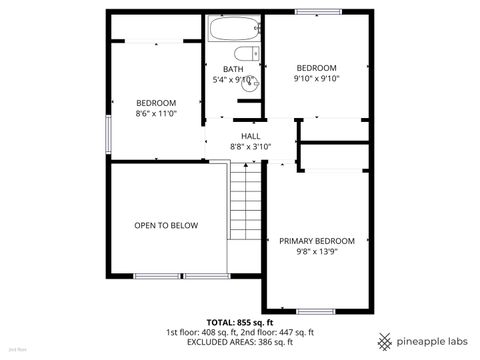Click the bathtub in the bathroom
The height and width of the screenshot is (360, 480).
point(233,28)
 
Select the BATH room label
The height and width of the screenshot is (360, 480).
point(233,69)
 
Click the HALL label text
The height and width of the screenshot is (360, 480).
point(250,136)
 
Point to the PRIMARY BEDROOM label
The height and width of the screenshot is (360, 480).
point(310,241)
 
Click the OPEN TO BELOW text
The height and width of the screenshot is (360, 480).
point(166,225)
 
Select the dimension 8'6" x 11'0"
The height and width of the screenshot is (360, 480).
point(156,113)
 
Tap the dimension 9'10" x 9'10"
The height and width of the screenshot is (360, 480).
point(317,78)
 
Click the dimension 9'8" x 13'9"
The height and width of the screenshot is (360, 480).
point(310,252)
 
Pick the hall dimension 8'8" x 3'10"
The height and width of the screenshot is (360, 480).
point(250,147)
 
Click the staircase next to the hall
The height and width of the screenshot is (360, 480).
point(246,200)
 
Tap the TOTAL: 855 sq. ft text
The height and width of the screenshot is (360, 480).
point(240,322)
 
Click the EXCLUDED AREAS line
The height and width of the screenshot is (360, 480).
point(240,342)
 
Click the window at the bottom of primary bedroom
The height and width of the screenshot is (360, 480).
point(316,311)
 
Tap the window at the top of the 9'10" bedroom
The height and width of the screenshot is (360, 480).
point(311,11)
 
